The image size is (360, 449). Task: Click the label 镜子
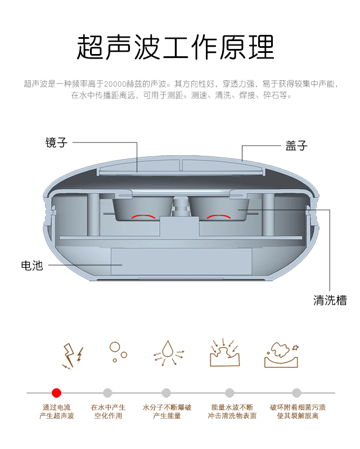coord(56,143)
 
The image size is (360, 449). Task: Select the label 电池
coord(31,266)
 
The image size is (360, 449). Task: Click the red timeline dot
coord(56,393)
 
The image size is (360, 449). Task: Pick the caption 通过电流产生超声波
coord(56,411)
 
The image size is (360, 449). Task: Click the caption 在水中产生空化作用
coord(108,411)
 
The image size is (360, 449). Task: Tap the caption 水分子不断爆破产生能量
coord(167,411)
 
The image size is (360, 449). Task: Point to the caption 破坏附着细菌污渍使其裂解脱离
coord(298,411)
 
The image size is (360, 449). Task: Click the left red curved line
coord(142,216)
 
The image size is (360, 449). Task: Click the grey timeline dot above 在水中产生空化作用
coord(107,393)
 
